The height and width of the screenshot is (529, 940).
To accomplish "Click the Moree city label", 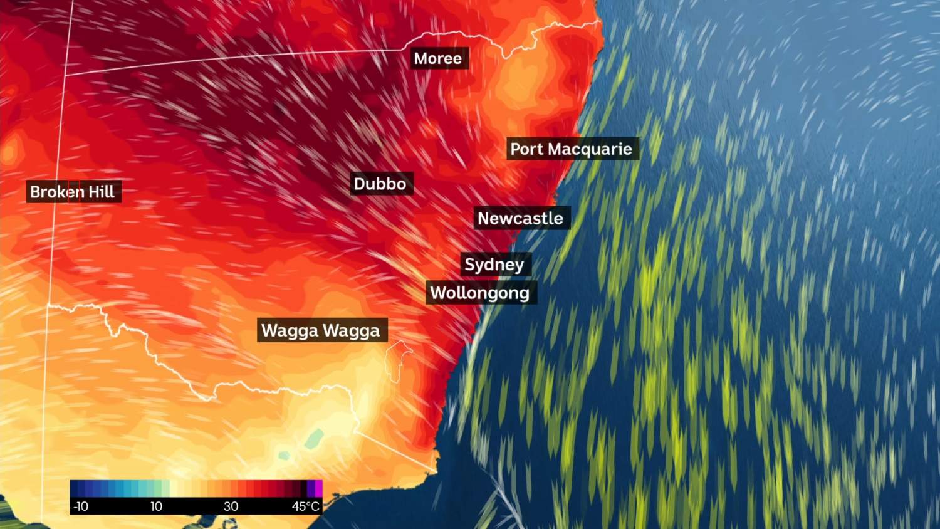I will click(x=438, y=58).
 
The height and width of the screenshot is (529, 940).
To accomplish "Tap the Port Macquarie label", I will click(x=571, y=149).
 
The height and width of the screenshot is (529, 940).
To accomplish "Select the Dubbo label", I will click(x=380, y=184).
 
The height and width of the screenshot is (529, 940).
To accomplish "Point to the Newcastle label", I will click(x=520, y=218).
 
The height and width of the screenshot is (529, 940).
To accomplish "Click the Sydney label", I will click(x=494, y=264).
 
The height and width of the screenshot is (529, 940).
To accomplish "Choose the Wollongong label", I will click(x=480, y=293).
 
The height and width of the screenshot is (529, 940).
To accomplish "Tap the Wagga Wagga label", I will click(x=320, y=330).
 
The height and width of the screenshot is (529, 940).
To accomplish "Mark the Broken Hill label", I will click(x=73, y=192).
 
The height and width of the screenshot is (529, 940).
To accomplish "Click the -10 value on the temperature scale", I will click(x=81, y=506).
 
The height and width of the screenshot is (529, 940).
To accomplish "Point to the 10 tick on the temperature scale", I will click(x=156, y=506).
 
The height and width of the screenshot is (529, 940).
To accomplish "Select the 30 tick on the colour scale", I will click(x=231, y=506).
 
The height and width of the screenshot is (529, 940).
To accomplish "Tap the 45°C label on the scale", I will click(x=306, y=506).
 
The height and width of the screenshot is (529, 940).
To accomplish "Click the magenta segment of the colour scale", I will click(x=318, y=488).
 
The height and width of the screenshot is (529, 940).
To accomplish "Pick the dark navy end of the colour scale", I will click(x=74, y=488).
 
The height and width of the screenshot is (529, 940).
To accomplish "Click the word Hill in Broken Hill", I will click(x=102, y=192).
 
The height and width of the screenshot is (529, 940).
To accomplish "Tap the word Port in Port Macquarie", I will click(x=527, y=149).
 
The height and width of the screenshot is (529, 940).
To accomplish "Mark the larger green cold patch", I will click(x=314, y=437).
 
